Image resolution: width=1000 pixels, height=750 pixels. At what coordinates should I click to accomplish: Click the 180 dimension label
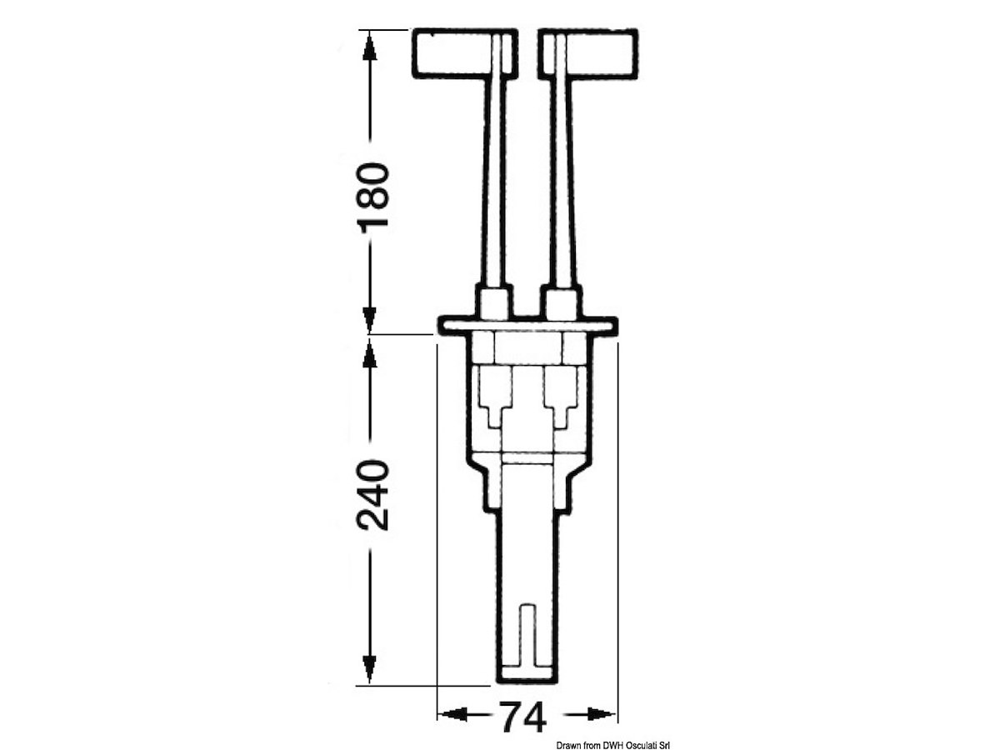(373, 198)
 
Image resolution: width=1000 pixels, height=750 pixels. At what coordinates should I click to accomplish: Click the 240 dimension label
(373, 496)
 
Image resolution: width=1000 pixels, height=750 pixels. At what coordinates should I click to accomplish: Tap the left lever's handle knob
(465, 53)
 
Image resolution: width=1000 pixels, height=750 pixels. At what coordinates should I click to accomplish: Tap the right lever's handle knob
(588, 53)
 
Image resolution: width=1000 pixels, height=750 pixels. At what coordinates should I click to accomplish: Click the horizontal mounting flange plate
(527, 325)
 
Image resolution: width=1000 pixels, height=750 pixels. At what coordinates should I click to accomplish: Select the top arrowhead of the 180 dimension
(369, 46)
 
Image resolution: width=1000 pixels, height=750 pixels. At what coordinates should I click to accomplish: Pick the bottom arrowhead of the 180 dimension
(369, 319)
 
